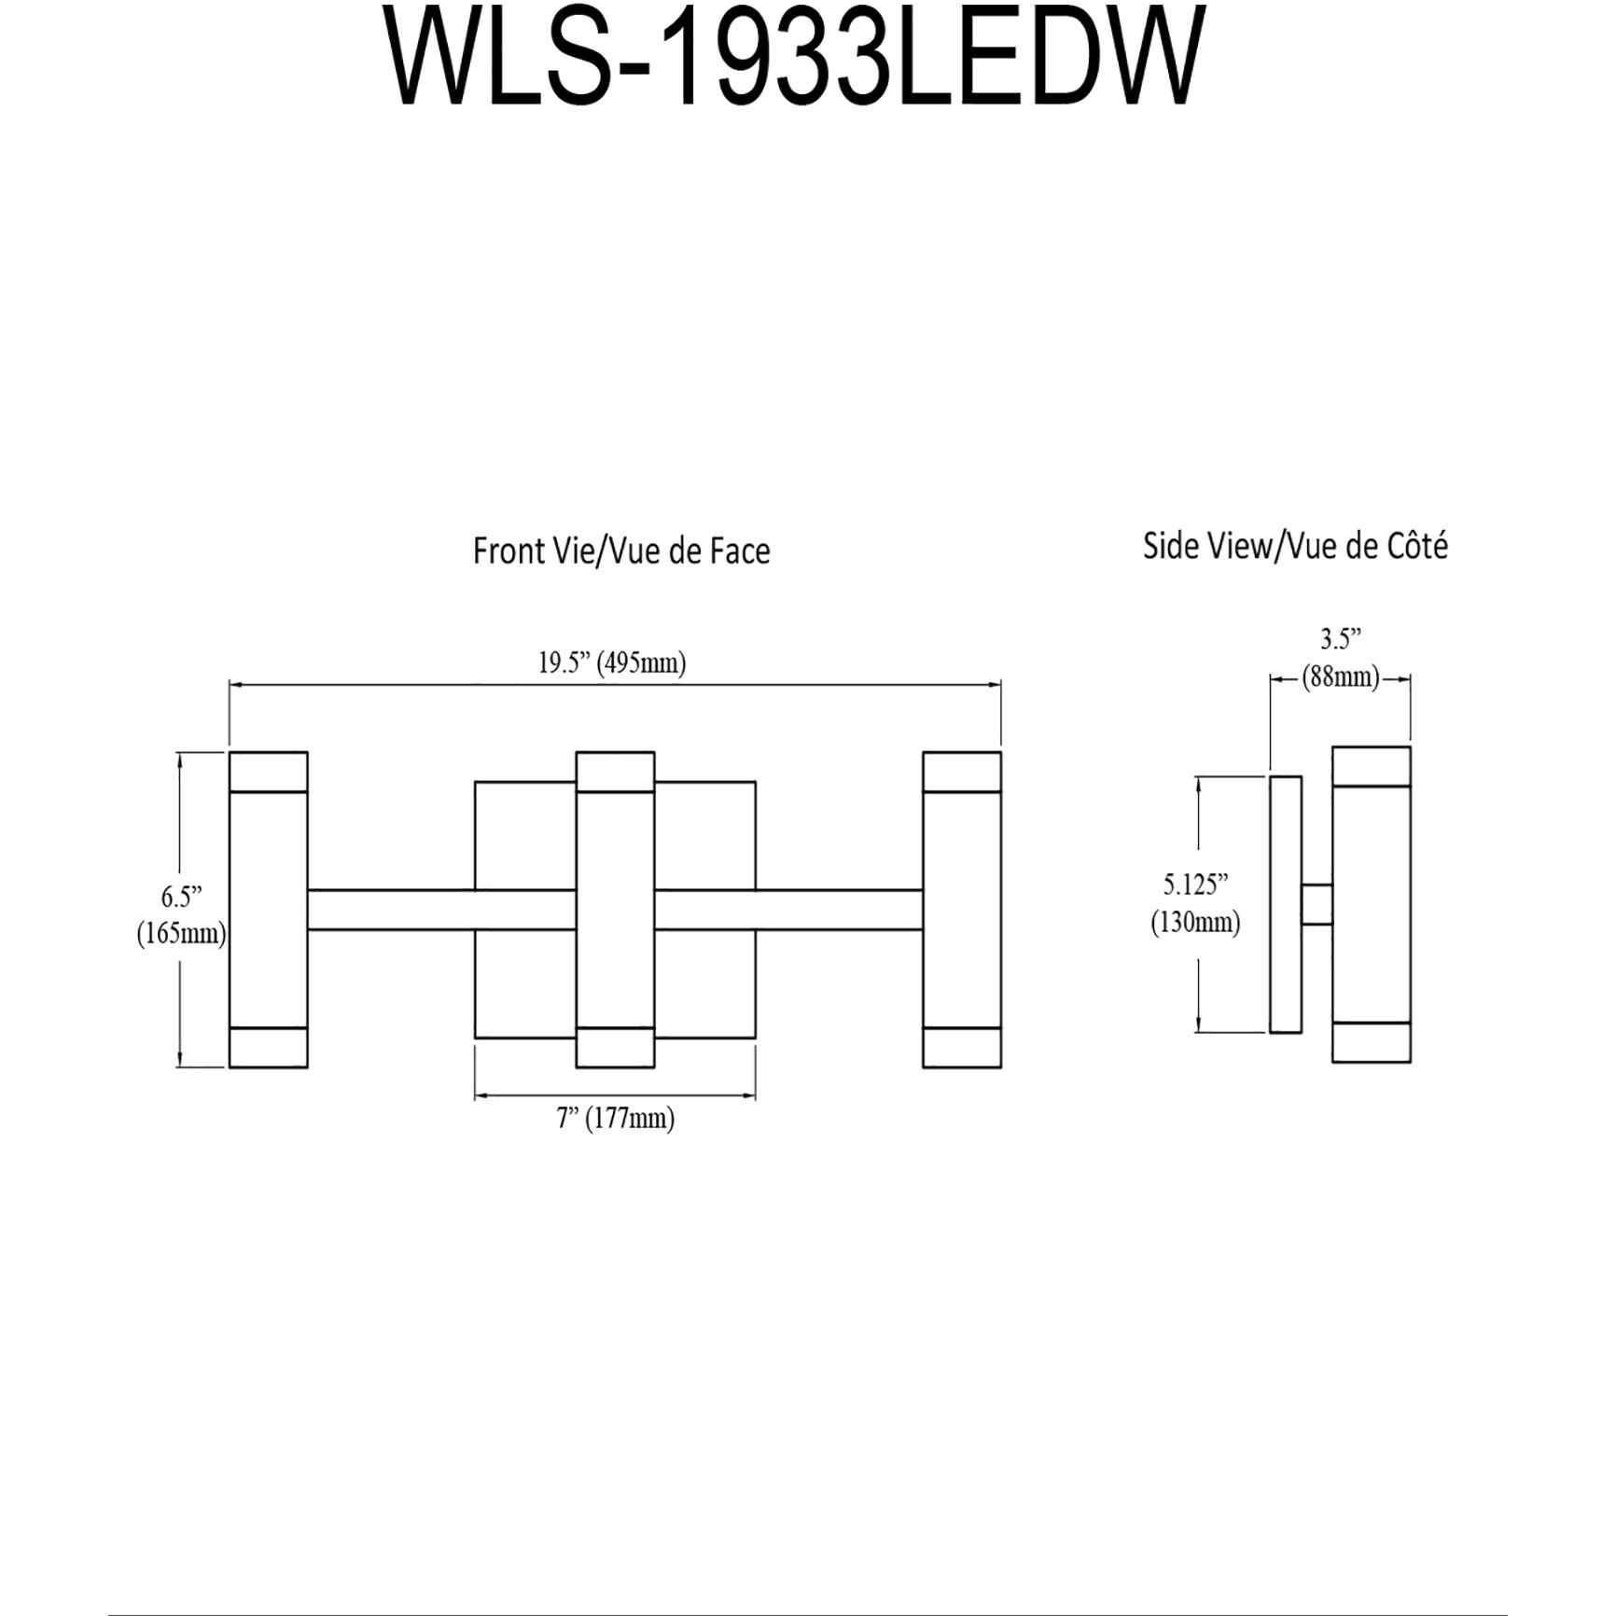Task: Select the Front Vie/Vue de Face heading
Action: pyautogui.click(x=621, y=551)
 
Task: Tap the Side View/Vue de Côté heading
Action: pyautogui.click(x=1295, y=546)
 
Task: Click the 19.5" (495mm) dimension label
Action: pyautogui.click(x=612, y=663)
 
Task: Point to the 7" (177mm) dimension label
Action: pyautogui.click(x=616, y=1118)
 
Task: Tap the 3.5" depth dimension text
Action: pyautogui.click(x=1340, y=639)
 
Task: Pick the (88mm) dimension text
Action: pyautogui.click(x=1341, y=677)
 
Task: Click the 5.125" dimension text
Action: pyautogui.click(x=1195, y=883)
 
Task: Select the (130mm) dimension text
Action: pyautogui.click(x=1195, y=923)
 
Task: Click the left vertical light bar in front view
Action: pyautogui.click(x=269, y=910)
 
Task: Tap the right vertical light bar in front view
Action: pyautogui.click(x=962, y=910)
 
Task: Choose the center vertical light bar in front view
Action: pyautogui.click(x=615, y=910)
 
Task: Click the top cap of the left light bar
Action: pyautogui.click(x=269, y=772)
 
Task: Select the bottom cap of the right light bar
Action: pyautogui.click(x=962, y=1047)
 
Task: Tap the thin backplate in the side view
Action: pyautogui.click(x=1286, y=904)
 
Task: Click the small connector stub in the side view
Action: pyautogui.click(x=1316, y=904)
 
